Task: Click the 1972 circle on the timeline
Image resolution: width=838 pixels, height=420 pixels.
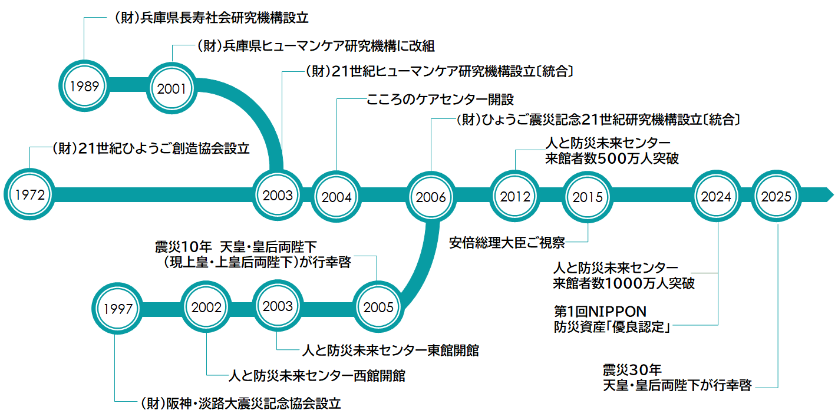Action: click(x=29, y=194)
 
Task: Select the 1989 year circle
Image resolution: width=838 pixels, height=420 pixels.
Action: click(x=84, y=86)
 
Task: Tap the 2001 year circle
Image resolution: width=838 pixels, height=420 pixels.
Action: click(x=171, y=88)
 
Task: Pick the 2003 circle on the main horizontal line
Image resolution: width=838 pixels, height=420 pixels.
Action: click(x=278, y=195)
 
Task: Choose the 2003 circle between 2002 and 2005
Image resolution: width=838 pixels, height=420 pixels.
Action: click(x=278, y=306)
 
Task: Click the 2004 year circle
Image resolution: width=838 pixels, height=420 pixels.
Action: click(x=336, y=197)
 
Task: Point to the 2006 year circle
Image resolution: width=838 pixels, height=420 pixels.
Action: click(x=431, y=197)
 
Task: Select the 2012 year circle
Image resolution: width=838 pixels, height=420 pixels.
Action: click(x=515, y=196)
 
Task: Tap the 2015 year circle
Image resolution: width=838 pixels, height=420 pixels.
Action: click(x=588, y=197)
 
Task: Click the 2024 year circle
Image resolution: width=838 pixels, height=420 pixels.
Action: click(x=716, y=196)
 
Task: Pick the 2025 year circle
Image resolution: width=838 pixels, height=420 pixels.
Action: click(x=776, y=196)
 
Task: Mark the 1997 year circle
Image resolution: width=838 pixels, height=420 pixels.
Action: click(x=117, y=309)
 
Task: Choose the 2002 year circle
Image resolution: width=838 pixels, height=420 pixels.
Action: click(x=206, y=307)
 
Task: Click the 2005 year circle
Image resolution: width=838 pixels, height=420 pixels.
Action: click(x=378, y=307)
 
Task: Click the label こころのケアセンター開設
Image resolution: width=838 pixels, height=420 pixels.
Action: click(x=440, y=100)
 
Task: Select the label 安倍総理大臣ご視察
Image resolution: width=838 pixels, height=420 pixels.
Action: click(x=507, y=243)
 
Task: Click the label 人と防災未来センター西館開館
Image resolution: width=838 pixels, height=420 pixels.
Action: click(x=317, y=375)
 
